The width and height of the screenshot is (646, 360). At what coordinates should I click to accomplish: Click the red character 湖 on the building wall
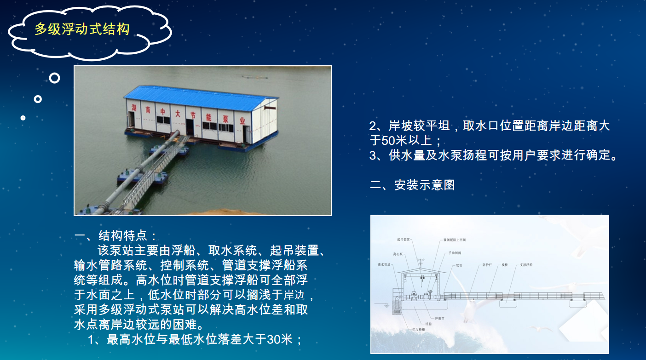click(x=134, y=106)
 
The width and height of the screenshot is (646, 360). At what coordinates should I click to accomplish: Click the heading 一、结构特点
click(x=116, y=236)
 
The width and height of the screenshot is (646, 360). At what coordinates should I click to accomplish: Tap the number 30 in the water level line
click(x=274, y=340)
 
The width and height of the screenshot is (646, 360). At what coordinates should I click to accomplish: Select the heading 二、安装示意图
click(x=412, y=185)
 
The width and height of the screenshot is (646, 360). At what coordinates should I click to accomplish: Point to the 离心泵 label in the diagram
click(x=398, y=254)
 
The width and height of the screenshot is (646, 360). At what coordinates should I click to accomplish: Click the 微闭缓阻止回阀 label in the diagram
click(x=455, y=240)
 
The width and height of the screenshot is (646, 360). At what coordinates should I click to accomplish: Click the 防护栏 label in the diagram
click(x=488, y=265)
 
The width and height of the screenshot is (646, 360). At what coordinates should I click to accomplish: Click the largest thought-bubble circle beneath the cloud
click(x=54, y=78)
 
